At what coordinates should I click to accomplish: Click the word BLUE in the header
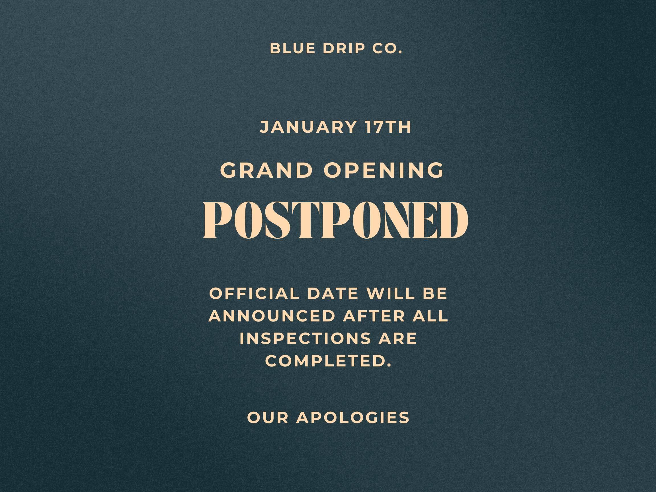coord(292,49)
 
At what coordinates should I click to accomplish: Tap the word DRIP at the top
coord(344,49)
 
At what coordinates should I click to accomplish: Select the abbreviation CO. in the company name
coord(387,49)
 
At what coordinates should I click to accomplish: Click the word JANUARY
coord(308,127)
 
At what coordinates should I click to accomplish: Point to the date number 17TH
coord(388,127)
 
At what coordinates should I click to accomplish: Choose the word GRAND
coord(266,171)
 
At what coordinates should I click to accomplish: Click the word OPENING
coord(384,171)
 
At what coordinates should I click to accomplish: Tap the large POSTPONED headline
coord(335,220)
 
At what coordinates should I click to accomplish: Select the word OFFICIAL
coord(255,294)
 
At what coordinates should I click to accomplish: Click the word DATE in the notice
coord(333,294)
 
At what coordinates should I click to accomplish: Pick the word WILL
coord(390,294)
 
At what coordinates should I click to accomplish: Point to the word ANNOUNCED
coord(272,316)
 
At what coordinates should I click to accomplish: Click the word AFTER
coord(374,316)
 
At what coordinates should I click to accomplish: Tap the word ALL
coord(430,316)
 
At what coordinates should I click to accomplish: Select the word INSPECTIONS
coord(305,338)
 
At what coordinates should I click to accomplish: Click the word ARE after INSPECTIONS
coord(398,338)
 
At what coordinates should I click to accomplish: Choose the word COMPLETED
coord(328,361)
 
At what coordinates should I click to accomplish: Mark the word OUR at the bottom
coord(268,418)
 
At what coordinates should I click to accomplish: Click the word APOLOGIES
coord(353,418)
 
